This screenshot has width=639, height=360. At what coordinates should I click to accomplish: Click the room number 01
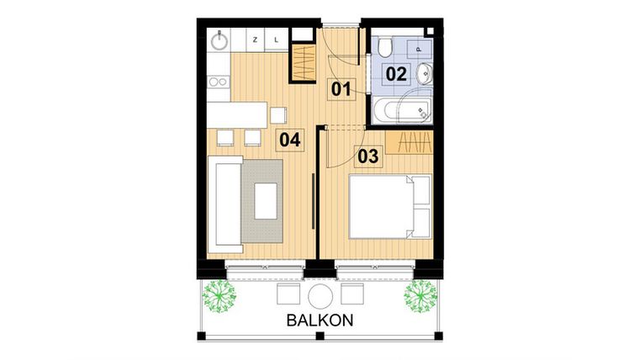click(340, 88)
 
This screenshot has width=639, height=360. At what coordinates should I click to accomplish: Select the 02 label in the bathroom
click(396, 73)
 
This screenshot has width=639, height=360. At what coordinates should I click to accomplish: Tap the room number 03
click(368, 155)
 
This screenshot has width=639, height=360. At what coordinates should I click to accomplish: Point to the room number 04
click(290, 140)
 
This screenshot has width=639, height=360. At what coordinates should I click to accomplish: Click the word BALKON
click(319, 320)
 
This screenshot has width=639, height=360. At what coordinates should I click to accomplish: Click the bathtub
click(403, 109)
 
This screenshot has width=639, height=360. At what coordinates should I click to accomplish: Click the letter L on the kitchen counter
click(277, 39)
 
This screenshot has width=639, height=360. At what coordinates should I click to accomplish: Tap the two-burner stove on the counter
click(218, 82)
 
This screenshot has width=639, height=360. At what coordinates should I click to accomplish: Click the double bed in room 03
click(389, 206)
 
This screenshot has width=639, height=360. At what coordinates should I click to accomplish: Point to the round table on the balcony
click(320, 295)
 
